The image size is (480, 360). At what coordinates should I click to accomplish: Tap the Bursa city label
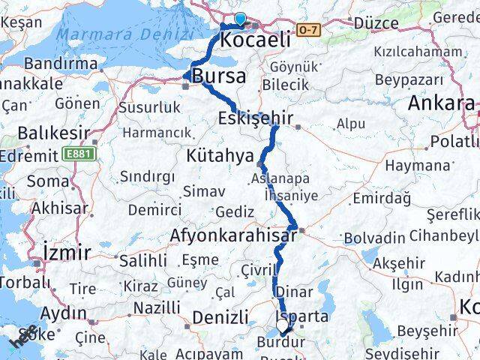218,76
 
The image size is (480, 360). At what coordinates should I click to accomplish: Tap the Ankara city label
441,103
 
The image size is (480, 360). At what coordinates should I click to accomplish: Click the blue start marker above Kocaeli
239,19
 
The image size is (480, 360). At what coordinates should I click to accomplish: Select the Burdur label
280,343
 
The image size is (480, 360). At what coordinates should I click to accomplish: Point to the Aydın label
66,313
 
